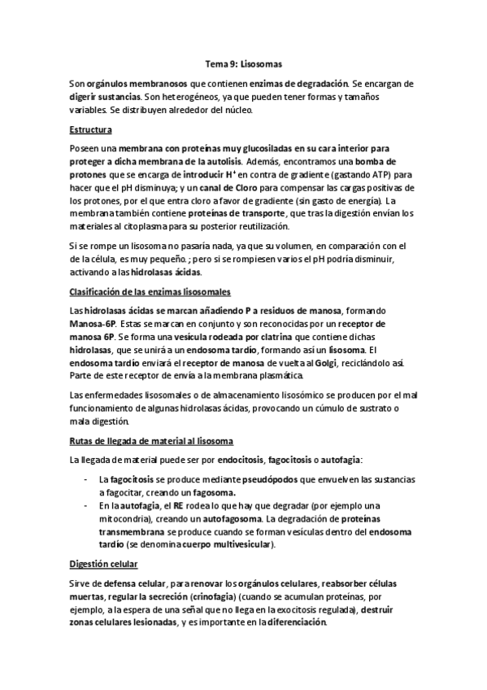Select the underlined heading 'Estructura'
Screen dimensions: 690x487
[x=90, y=130]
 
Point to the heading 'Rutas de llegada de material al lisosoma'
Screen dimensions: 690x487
[x=152, y=441]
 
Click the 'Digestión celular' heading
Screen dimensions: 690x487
[x=104, y=563]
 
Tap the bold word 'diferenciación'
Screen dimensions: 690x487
[x=289, y=622]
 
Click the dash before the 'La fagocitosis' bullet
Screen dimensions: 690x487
[x=87, y=480]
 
